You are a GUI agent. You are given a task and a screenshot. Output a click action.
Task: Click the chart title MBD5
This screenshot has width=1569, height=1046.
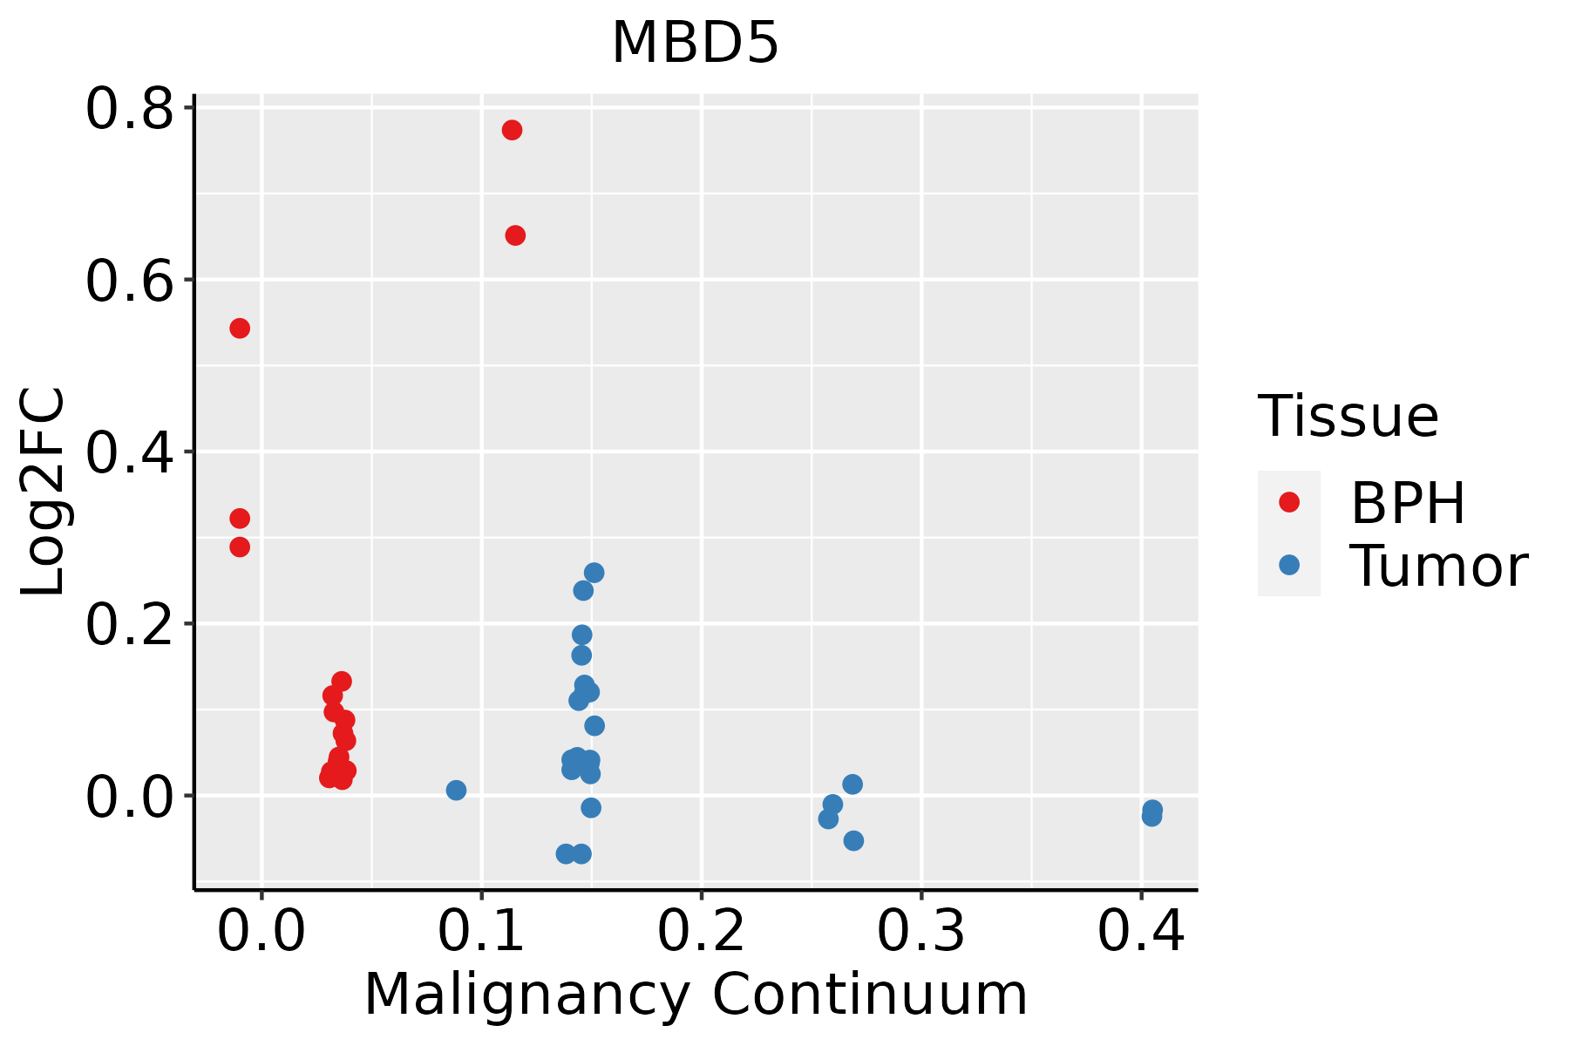click(x=695, y=44)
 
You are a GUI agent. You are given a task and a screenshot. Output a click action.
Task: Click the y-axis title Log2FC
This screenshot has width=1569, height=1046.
click(x=44, y=492)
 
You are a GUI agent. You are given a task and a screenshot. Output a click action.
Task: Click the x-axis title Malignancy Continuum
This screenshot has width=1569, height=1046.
click(x=695, y=995)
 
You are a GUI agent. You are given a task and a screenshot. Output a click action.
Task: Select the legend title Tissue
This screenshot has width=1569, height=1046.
click(x=1348, y=417)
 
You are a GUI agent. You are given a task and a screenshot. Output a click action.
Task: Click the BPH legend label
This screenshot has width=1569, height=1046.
click(x=1408, y=503)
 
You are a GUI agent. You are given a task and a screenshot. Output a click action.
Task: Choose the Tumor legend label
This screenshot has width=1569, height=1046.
click(x=1438, y=567)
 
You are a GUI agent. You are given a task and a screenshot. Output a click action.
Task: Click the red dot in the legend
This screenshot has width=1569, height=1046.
click(x=1288, y=502)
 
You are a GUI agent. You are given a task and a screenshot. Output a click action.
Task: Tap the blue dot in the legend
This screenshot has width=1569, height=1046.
click(x=1288, y=565)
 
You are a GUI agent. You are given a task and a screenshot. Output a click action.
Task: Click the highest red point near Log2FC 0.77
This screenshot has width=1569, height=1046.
click(x=512, y=130)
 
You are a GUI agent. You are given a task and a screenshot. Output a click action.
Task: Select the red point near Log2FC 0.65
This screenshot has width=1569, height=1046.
click(x=515, y=235)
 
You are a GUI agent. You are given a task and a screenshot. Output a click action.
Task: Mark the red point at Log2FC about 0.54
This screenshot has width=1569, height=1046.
click(x=240, y=328)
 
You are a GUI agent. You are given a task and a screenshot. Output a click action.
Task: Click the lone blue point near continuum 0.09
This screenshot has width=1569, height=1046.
click(x=456, y=790)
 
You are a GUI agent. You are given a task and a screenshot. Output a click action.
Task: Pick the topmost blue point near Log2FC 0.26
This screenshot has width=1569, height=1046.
click(x=594, y=573)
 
